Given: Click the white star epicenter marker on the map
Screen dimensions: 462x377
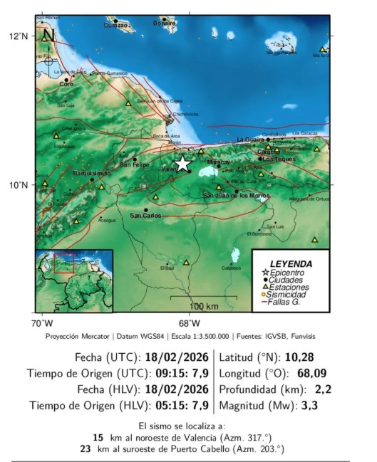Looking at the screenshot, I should point(182,164).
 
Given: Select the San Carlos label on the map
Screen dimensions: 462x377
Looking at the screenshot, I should point(145,216).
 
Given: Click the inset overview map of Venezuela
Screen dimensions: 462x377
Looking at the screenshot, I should point(74,280).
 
